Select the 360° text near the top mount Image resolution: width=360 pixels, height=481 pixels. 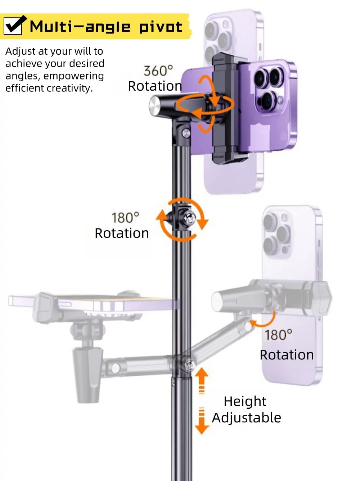(158, 71)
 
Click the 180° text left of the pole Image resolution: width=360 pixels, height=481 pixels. (125, 218)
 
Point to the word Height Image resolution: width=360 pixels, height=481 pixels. (245, 401)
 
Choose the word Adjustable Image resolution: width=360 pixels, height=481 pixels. (246, 418)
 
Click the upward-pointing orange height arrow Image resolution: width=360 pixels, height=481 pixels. (202, 378)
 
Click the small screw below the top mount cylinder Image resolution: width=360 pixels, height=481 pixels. (186, 133)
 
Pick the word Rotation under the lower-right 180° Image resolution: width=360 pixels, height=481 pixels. (287, 355)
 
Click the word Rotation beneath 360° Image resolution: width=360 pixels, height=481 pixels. (155, 86)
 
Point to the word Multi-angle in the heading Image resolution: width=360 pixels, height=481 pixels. (80, 27)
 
